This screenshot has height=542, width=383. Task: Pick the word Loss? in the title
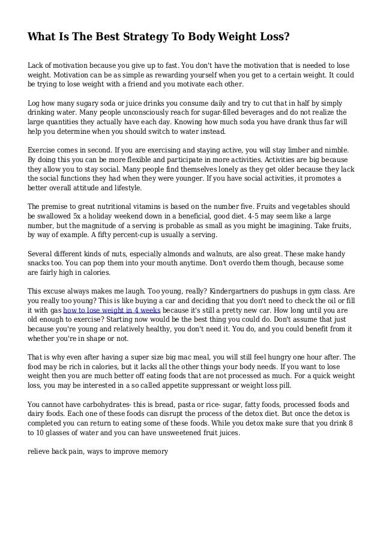[271, 38]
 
